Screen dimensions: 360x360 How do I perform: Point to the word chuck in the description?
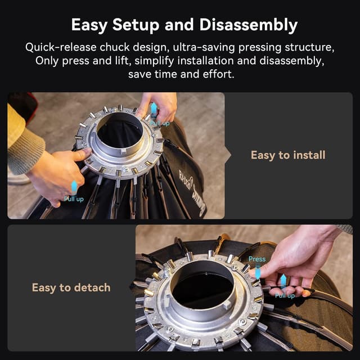(118, 47)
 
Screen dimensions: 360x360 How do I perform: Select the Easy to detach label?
(71, 287)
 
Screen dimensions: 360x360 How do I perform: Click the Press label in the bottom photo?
(257, 259)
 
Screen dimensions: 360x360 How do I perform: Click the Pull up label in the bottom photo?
(285, 295)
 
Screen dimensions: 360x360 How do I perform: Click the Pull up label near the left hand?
(74, 199)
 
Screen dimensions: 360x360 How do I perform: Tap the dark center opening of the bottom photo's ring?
(201, 289)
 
